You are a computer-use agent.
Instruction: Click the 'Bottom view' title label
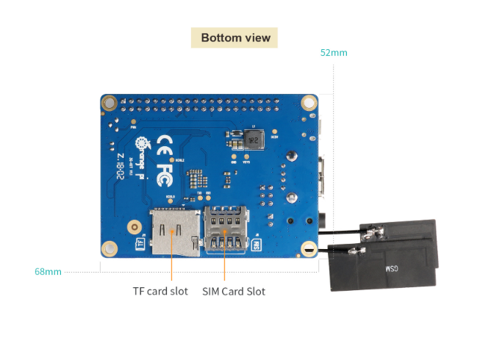[x=235, y=37]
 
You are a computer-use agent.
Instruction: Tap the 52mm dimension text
[x=334, y=53]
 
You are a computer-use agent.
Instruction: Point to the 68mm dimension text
[x=48, y=271]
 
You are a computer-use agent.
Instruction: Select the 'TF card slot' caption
[x=160, y=291]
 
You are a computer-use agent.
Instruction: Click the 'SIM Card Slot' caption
[x=234, y=291]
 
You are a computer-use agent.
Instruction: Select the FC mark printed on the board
[x=165, y=173]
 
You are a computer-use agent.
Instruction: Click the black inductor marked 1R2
[x=251, y=137]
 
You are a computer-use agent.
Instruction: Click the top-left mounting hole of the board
[x=110, y=103]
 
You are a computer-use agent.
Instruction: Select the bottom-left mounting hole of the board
[x=110, y=248]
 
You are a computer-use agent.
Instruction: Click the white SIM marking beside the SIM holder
[x=257, y=243]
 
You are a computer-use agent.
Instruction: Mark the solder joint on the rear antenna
[x=374, y=235]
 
